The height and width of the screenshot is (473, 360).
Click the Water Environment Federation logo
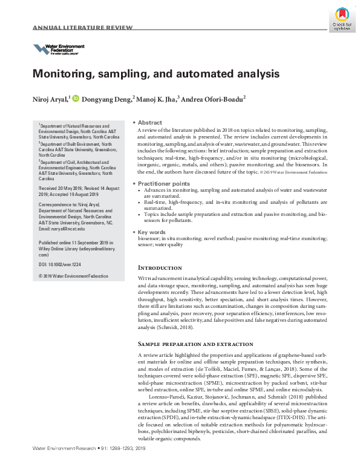click(x=59, y=49)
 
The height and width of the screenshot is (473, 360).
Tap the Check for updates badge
click(x=341, y=18)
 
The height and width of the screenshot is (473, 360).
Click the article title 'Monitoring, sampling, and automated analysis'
click(x=155, y=74)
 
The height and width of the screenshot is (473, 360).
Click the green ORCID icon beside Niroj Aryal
click(x=76, y=99)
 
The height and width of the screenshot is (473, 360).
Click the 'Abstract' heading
click(x=149, y=122)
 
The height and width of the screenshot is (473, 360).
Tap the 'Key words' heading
click(x=152, y=232)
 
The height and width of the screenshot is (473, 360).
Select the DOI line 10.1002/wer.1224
click(x=60, y=264)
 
